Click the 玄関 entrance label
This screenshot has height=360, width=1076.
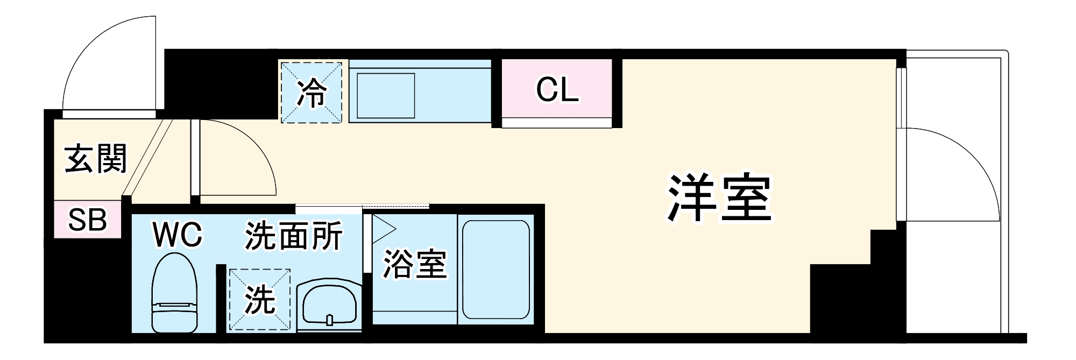point(96,158)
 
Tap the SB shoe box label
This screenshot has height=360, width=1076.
point(88,220)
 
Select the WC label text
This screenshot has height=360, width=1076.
point(178,235)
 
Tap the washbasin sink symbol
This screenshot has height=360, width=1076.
point(329,304)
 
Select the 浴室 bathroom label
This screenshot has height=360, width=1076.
point(414,264)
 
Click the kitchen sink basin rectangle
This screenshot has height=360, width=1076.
point(386,95)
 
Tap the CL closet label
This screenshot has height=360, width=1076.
point(557,90)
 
